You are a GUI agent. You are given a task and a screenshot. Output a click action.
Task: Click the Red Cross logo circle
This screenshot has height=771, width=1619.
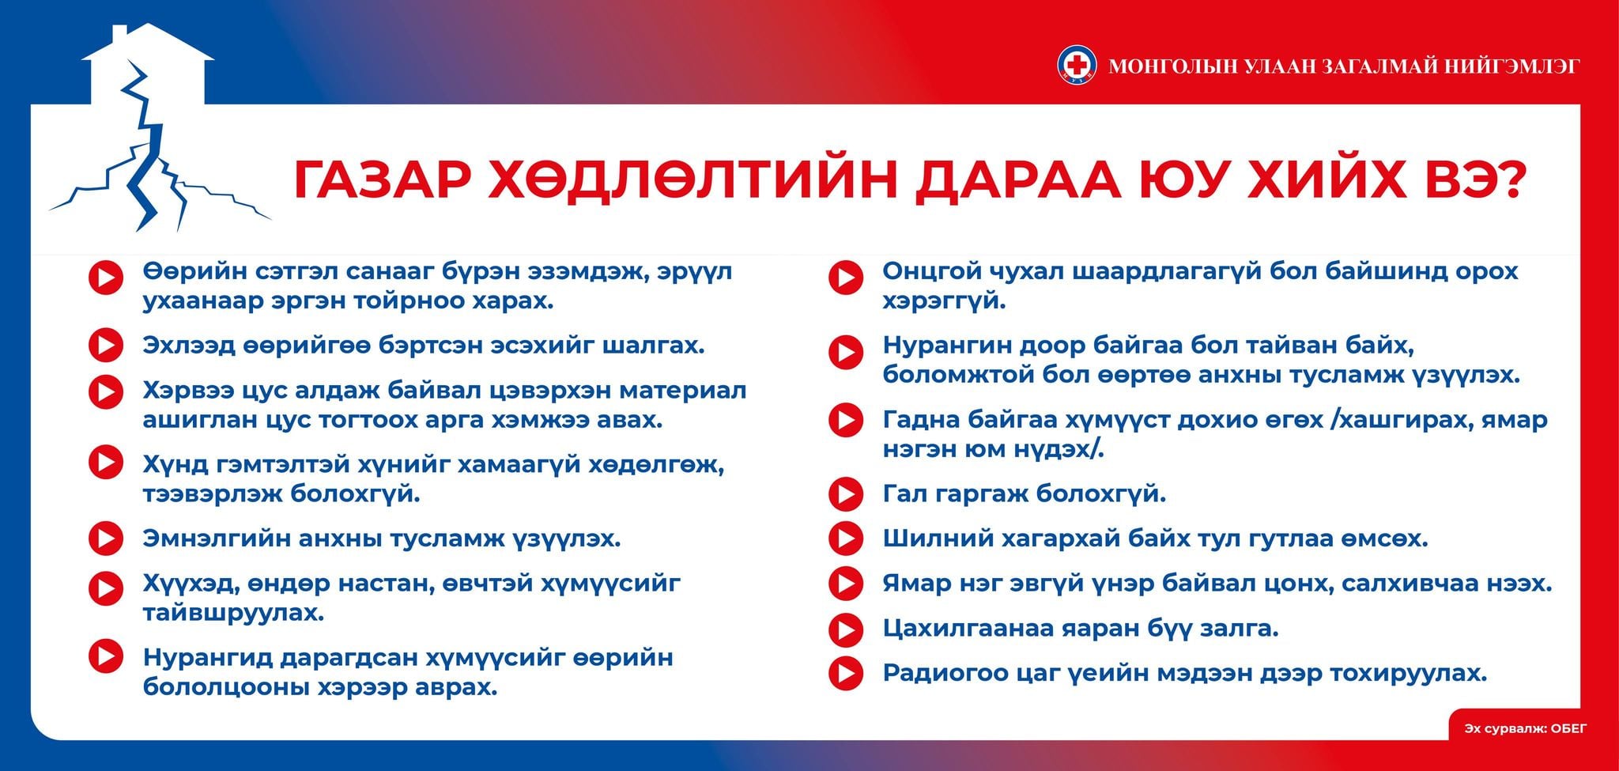click(x=1077, y=65)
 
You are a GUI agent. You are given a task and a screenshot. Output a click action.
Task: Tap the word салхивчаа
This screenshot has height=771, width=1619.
click(x=1390, y=584)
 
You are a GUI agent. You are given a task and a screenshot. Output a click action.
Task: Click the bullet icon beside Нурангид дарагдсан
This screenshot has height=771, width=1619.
click(x=105, y=656)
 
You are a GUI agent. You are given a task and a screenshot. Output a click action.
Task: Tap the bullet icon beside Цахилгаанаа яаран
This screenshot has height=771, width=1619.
click(x=845, y=629)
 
